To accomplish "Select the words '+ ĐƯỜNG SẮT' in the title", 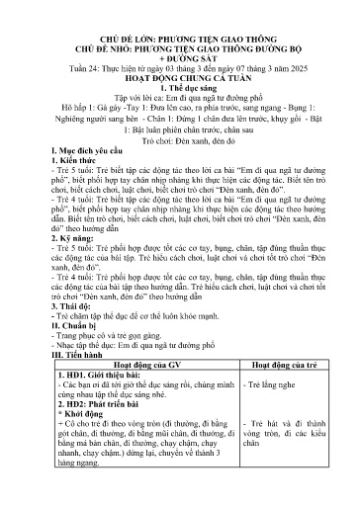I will coord(180,58).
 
